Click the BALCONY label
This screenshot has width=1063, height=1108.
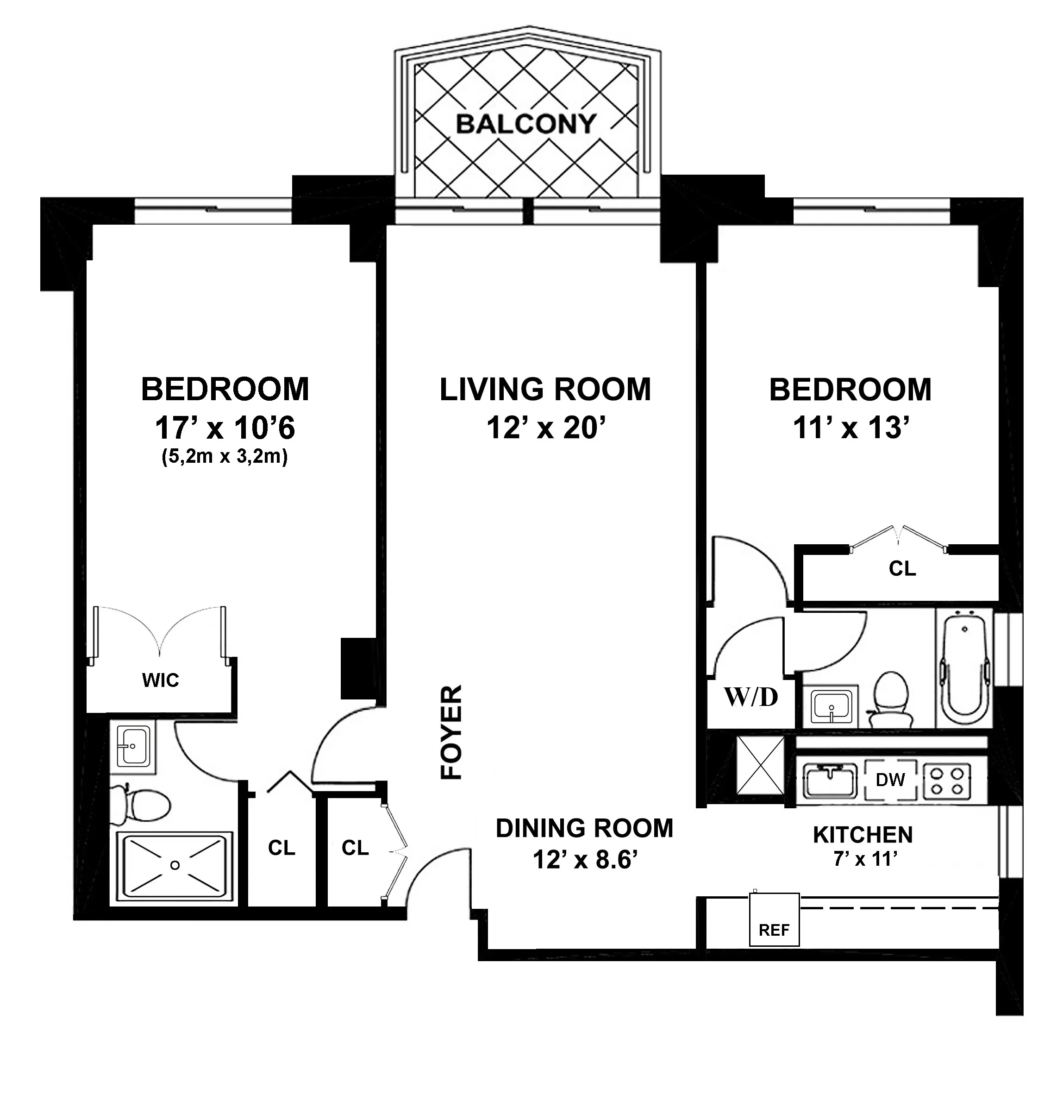point(525,123)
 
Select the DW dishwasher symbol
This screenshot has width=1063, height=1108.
point(890,780)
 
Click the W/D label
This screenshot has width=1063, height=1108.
point(750,697)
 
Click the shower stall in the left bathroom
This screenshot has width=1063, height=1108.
point(175,865)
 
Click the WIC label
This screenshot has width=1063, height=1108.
point(161,680)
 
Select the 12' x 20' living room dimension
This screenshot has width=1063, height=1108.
point(545,428)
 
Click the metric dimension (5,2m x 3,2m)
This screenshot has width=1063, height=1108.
point(225,457)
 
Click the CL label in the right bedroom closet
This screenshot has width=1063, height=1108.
point(902,569)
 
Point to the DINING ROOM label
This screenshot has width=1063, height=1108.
point(584,829)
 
